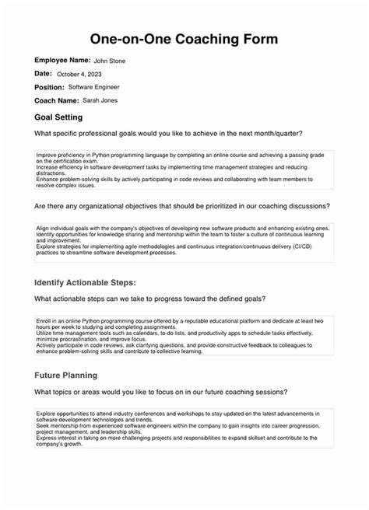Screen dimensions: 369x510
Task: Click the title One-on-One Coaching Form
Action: pyautogui.click(x=184, y=39)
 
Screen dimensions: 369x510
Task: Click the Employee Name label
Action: pyautogui.click(x=61, y=60)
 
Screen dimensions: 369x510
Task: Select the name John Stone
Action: pyautogui.click(x=109, y=61)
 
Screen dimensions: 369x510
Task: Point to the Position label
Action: pyautogui.click(x=49, y=87)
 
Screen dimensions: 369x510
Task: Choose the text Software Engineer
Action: pyautogui.click(x=94, y=87)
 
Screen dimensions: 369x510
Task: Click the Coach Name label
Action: pyautogui.click(x=57, y=101)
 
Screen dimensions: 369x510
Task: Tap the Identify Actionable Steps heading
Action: pyautogui.click(x=86, y=281)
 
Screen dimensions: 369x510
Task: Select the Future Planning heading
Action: pyautogui.click(x=66, y=375)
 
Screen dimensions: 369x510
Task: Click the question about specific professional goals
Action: pyautogui.click(x=168, y=134)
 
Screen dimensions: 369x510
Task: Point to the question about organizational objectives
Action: pyautogui.click(x=181, y=207)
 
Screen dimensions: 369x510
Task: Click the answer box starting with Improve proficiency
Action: pyautogui.click(x=184, y=170)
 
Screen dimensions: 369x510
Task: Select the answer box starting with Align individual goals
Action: pyautogui.click(x=184, y=242)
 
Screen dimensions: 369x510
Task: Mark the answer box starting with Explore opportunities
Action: pyautogui.click(x=184, y=428)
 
